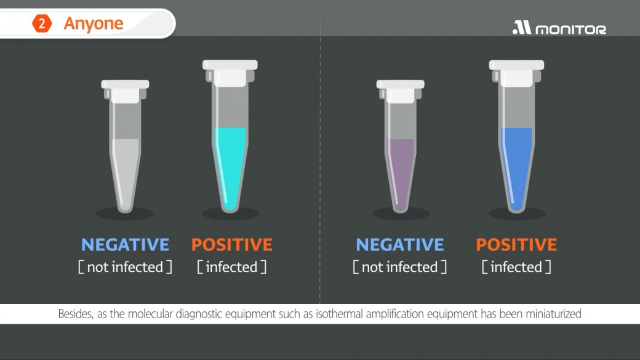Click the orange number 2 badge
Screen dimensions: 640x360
click(x=42, y=23)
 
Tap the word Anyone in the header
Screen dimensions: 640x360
click(x=94, y=23)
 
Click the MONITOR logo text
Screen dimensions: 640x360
click(x=570, y=30)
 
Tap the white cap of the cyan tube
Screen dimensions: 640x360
click(x=230, y=73)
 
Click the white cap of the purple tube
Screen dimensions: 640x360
click(x=400, y=91)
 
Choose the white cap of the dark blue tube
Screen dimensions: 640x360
click(x=516, y=73)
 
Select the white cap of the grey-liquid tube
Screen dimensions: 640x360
click(x=125, y=91)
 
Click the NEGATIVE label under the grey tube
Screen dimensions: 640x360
click(x=125, y=244)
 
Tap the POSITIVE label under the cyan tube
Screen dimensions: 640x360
click(x=232, y=244)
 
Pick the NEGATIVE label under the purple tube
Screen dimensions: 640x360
click(x=400, y=244)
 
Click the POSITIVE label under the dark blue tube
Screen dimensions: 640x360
click(x=516, y=244)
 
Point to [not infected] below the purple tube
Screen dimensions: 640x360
click(x=400, y=267)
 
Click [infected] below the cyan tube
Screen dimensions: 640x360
click(x=232, y=267)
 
